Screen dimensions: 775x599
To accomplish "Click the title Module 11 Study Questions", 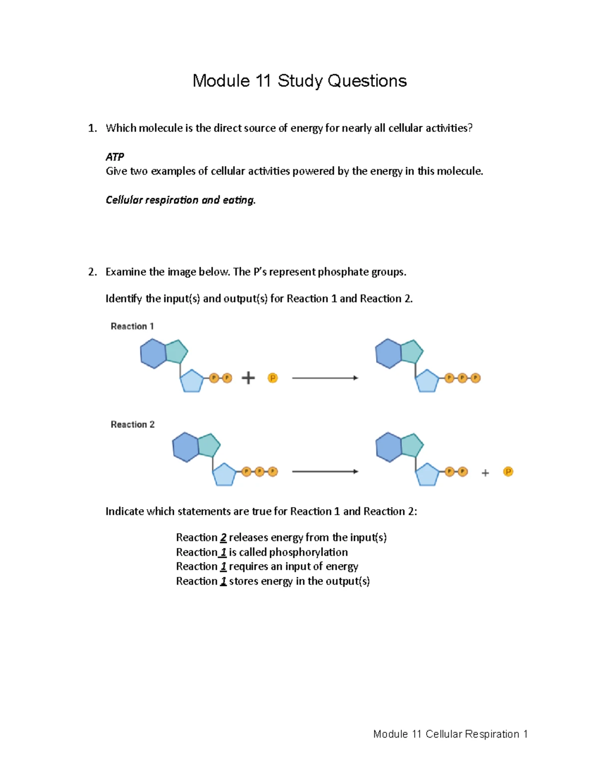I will (299, 81).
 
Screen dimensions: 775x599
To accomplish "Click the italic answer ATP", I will (114, 157).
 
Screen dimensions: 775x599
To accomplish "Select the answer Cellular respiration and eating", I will (180, 200).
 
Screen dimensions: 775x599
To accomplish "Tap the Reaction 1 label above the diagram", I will (132, 326).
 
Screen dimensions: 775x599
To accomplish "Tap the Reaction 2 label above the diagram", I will (133, 425).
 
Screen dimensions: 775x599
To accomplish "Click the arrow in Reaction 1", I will (325, 378).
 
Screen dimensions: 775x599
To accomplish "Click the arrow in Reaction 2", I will (325, 472).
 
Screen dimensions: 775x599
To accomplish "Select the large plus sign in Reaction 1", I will (248, 378).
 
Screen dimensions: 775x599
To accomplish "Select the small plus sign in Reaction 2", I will (485, 473).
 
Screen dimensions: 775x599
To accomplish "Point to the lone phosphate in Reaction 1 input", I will (273, 378).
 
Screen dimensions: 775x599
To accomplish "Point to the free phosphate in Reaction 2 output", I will (508, 472).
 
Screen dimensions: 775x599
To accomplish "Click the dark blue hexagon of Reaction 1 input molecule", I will (153, 354).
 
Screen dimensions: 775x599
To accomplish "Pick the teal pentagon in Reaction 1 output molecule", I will (411, 351).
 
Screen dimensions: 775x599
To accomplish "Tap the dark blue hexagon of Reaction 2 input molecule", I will (186, 447).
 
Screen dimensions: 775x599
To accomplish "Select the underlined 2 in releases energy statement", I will (223, 538).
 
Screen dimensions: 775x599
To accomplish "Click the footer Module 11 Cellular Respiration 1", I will (450, 734).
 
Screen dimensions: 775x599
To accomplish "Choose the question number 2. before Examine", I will (92, 272).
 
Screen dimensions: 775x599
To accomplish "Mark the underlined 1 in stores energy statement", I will (223, 581).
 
